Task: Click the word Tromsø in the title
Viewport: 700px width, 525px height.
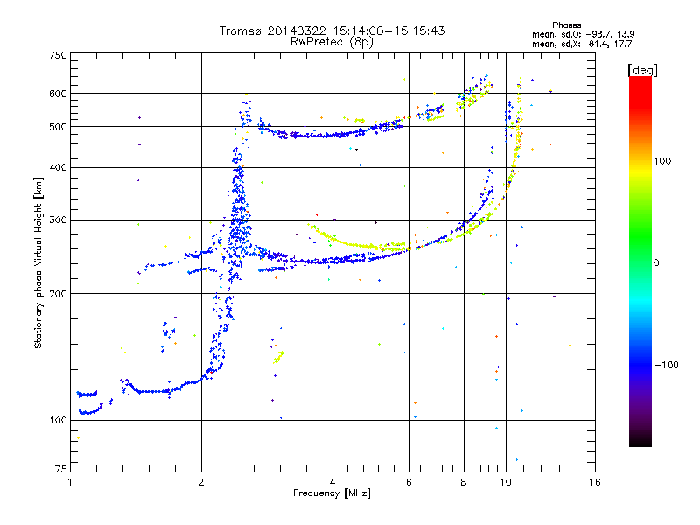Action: pyautogui.click(x=241, y=31)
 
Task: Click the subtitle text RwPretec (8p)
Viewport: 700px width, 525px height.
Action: pyautogui.click(x=332, y=42)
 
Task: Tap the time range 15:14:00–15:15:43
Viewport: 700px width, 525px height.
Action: pyautogui.click(x=388, y=31)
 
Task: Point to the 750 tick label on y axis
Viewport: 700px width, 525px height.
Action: pyautogui.click(x=59, y=55)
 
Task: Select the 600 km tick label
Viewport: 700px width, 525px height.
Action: pyautogui.click(x=59, y=94)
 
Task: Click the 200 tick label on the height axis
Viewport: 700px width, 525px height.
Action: pyautogui.click(x=59, y=294)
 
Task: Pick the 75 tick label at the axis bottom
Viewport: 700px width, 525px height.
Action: pyautogui.click(x=61, y=469)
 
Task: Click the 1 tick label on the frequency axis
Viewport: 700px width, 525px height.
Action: pyautogui.click(x=70, y=482)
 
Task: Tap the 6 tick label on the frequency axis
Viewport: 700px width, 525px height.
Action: pyautogui.click(x=409, y=482)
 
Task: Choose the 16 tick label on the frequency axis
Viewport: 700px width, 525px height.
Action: pyautogui.click(x=595, y=482)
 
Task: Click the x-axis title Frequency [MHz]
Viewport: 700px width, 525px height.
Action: pyautogui.click(x=332, y=493)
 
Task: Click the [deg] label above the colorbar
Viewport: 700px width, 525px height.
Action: pyautogui.click(x=642, y=70)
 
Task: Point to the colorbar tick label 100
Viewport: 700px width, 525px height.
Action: pyautogui.click(x=662, y=161)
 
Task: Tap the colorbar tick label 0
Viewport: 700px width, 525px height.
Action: pyautogui.click(x=656, y=263)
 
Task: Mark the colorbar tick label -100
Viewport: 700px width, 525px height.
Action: pyautogui.click(x=666, y=365)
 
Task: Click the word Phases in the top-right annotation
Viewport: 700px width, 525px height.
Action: pyautogui.click(x=566, y=25)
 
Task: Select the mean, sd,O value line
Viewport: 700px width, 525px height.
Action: pyautogui.click(x=583, y=34)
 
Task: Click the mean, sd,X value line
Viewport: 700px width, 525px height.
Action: pyautogui.click(x=582, y=44)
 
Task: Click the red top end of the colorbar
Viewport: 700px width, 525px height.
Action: pyautogui.click(x=640, y=80)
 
